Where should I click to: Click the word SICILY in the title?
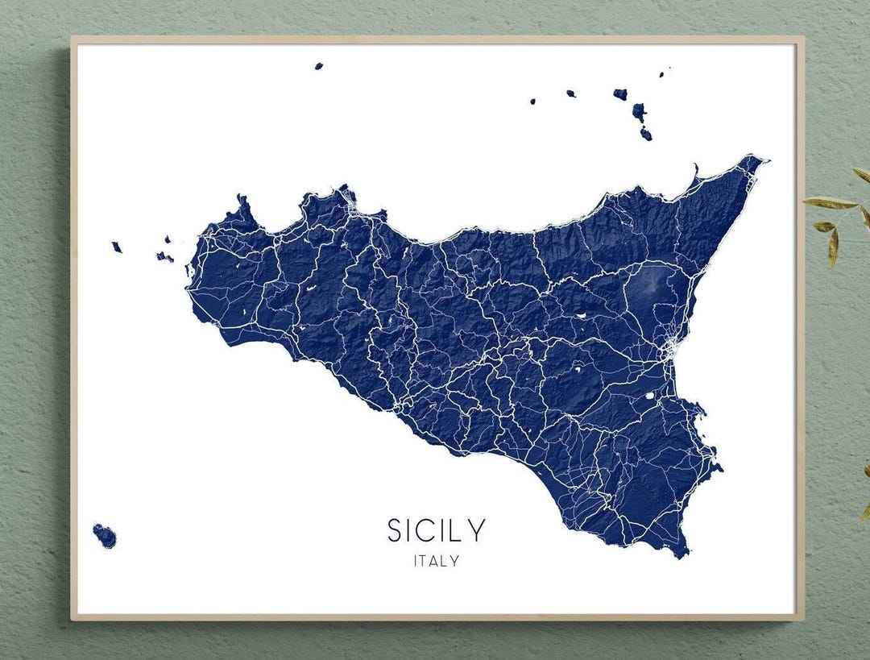437,530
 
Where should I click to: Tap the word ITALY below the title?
436,561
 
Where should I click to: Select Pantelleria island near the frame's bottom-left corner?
105,535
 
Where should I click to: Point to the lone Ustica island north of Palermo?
318,66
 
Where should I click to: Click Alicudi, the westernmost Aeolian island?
532,102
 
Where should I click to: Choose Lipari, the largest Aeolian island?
639,111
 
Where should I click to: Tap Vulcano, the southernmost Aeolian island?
645,134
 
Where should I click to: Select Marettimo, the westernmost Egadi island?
117,247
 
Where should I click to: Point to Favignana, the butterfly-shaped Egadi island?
164,257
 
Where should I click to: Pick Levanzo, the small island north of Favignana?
168,239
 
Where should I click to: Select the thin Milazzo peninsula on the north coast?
694,171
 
